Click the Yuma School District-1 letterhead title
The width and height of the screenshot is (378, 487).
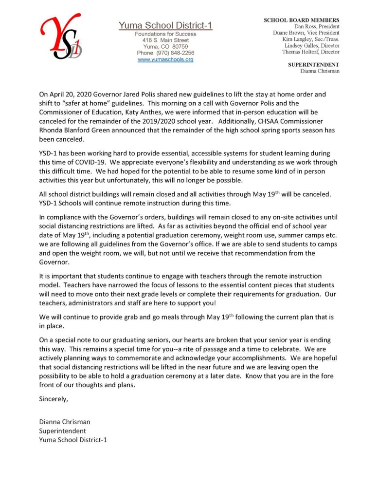(165, 25)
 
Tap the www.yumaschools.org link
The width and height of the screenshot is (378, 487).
(165, 59)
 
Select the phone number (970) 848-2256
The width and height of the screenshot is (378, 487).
(165, 53)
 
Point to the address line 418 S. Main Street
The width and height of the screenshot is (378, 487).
(165, 40)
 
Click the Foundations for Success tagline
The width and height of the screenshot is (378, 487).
(165, 34)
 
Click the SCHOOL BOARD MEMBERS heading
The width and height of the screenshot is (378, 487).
(302, 20)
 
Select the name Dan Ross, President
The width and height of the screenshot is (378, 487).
(317, 26)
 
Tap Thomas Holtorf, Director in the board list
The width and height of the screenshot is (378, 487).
(311, 52)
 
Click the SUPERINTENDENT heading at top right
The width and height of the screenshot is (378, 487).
(314, 64)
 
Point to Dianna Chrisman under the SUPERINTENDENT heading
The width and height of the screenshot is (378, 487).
(320, 71)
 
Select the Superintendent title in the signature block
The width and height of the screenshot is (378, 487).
(62, 431)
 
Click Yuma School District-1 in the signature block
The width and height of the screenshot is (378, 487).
(73, 440)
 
